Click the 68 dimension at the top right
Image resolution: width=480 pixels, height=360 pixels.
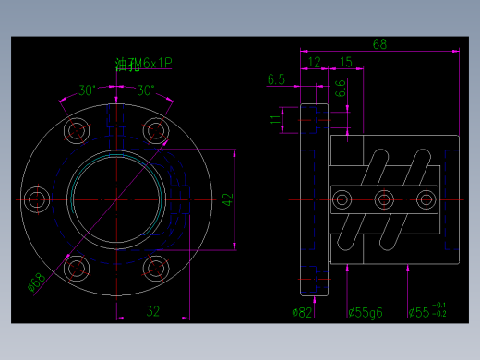[379, 43]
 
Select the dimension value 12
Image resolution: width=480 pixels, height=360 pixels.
[314, 62]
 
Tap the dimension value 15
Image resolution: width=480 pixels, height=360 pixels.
[345, 62]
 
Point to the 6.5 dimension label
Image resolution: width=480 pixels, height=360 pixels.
[275, 80]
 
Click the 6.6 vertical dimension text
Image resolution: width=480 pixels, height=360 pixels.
[340, 89]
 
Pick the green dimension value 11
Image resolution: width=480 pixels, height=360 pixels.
[275, 119]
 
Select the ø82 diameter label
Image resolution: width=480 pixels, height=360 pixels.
[302, 313]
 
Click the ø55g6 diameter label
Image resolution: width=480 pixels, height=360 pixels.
[366, 313]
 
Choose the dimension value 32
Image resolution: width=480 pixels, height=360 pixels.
[154, 310]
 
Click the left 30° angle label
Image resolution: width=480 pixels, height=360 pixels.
[87, 90]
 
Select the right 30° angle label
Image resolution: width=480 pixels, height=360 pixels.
[146, 90]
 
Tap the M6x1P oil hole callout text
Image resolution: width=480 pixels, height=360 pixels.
[144, 64]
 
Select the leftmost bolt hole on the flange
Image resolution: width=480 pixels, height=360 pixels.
[38, 198]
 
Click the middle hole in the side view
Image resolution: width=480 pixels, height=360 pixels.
[384, 198]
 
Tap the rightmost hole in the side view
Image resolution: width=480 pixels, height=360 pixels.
[426, 198]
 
